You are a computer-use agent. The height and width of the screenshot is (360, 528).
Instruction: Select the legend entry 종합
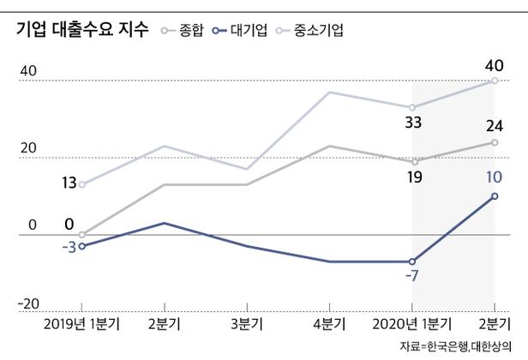(x=191, y=32)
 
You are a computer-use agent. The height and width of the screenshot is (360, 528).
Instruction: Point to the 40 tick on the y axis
(x=27, y=72)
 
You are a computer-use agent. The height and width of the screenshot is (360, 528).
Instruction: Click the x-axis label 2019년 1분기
(x=81, y=326)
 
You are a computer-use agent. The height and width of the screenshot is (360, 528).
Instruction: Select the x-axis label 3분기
(x=247, y=326)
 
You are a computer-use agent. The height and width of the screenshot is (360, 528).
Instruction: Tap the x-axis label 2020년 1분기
(x=412, y=326)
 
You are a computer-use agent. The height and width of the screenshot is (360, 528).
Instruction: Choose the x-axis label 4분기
(x=329, y=326)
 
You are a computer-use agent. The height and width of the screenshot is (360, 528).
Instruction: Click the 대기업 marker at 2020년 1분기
(x=412, y=261)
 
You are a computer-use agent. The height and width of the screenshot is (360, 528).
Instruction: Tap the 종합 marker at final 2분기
(x=495, y=142)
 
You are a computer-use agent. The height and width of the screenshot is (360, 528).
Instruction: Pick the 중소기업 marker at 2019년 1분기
(x=82, y=184)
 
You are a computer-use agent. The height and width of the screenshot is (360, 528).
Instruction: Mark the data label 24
(x=495, y=126)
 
